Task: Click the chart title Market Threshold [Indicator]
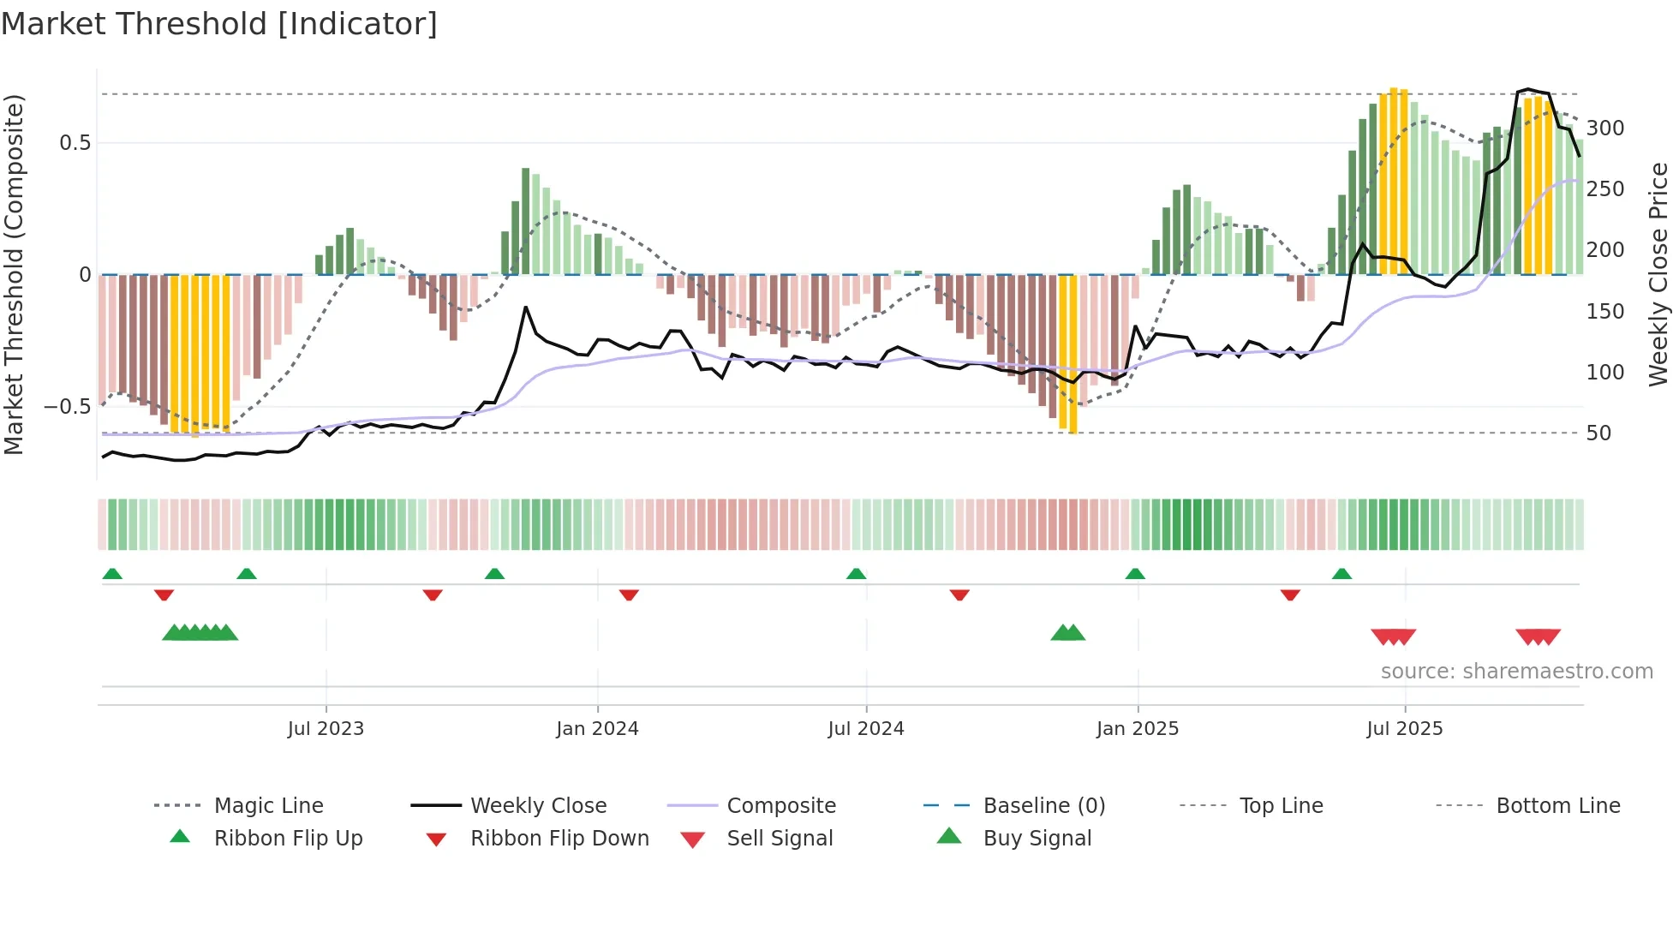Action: pos(219,24)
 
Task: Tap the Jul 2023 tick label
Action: pos(326,729)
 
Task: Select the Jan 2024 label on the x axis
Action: pos(597,729)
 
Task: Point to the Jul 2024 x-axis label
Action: pos(866,729)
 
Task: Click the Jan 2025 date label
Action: pos(1138,729)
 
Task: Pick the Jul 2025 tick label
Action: pos(1405,729)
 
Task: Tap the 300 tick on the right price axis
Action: pos(1605,128)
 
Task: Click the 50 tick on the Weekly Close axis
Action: pos(1598,433)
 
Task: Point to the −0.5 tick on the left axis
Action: pos(68,407)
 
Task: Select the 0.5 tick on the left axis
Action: pos(75,143)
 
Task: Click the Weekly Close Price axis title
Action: pos(1659,274)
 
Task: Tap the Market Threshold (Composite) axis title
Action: pos(14,274)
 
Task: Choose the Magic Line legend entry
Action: pos(268,806)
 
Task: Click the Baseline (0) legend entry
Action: pos(1043,806)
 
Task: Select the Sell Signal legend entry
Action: pos(780,839)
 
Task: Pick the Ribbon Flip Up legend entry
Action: pos(288,839)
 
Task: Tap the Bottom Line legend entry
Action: pos(1557,806)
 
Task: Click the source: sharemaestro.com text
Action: pos(1516,672)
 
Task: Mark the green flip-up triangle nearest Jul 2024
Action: pos(857,574)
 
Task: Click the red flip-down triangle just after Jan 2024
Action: pos(629,594)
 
